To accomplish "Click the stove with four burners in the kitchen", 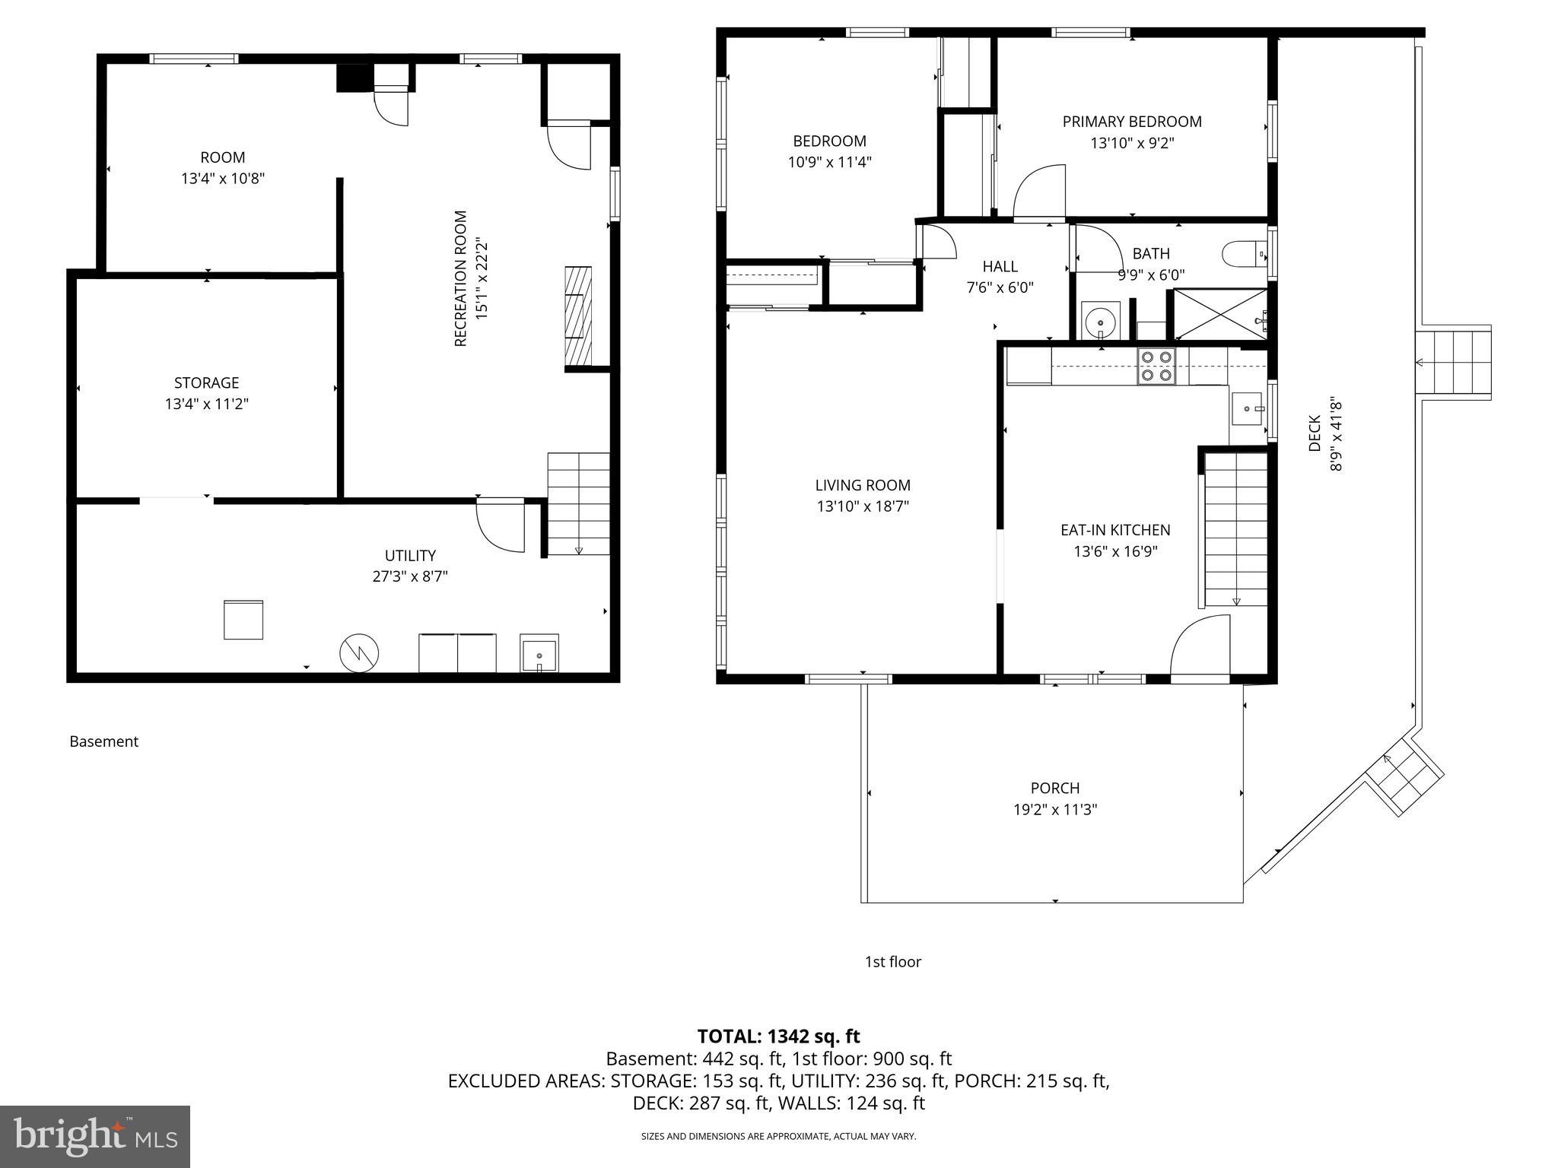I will pos(1156,366).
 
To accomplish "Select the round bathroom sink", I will pos(1100,320).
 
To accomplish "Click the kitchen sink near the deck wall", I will pos(1247,409).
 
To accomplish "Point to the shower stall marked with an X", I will pos(1220,314).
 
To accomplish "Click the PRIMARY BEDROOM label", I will pos(1131,122).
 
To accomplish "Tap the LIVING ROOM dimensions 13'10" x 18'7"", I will pos(863,506).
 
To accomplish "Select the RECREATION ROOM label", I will pos(460,278).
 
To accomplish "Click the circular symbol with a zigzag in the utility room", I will pos(359,652).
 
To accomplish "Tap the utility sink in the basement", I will pos(539,653).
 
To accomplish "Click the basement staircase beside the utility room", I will pos(578,503).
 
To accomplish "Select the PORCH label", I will pos(1054,788).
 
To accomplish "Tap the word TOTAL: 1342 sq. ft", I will pos(778,1036).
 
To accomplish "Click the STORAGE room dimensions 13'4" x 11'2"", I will pos(206,404).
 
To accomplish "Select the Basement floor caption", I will pos(103,741).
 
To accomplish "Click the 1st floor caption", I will pos(892,962).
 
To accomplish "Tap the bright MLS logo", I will pos(95,1136).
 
